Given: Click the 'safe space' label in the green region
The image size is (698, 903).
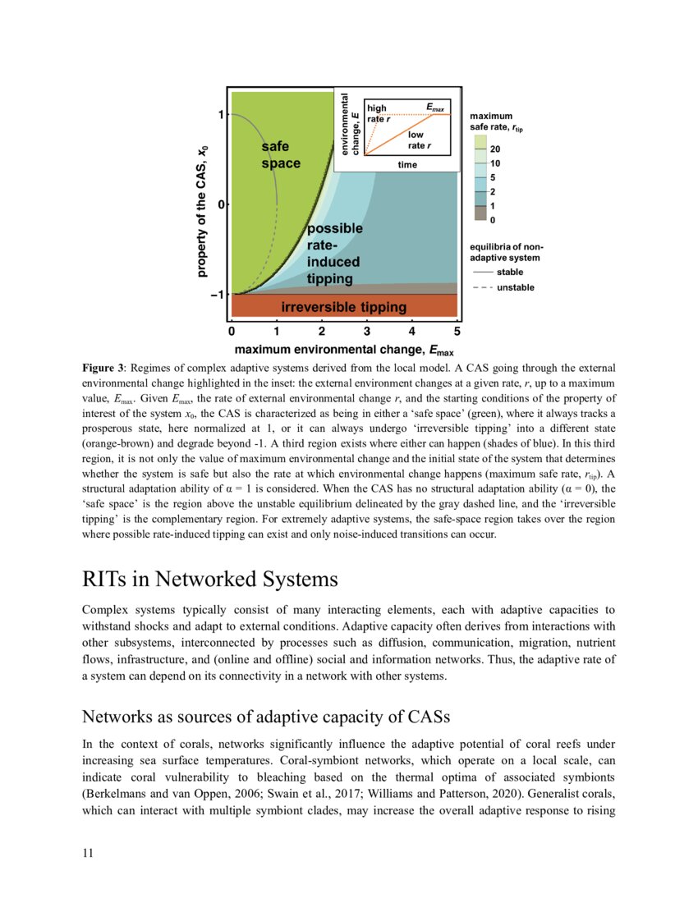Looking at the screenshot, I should pos(281,155).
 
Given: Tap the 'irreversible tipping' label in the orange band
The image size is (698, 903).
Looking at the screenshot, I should pos(343,307).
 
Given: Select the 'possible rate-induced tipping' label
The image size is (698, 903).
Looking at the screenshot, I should pos(333,254).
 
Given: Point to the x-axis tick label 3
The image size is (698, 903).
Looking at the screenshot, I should pos(367,332).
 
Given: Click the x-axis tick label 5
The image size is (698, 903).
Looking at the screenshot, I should pos(457,332).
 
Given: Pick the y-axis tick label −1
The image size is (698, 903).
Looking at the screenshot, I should pos(218,295).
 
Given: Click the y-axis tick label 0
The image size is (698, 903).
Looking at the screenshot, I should pos(221,204).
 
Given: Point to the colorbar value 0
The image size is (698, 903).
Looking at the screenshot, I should pos(493,220).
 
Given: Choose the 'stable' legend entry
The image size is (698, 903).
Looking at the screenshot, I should pos(509,272).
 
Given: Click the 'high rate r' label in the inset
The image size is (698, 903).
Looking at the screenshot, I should pos(379,114).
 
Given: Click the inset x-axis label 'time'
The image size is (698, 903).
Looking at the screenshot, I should pos(407,164).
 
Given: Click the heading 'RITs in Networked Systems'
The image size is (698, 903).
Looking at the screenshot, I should pos(210,579).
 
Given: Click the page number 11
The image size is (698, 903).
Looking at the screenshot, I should pos(88,854).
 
